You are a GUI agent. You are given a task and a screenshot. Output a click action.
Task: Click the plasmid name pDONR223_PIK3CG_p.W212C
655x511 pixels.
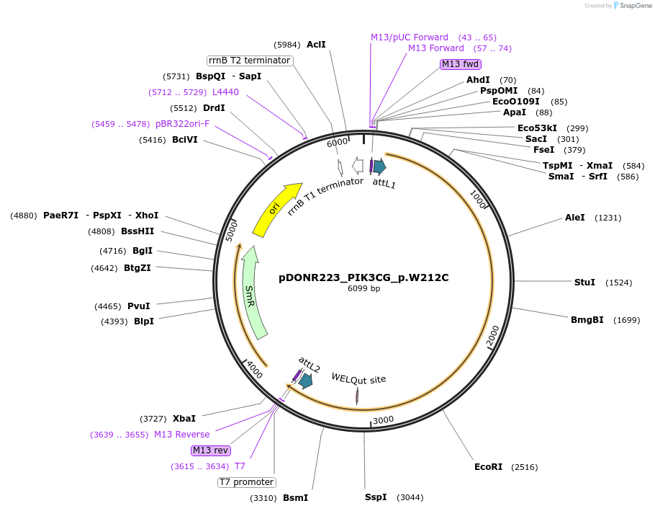(363, 277)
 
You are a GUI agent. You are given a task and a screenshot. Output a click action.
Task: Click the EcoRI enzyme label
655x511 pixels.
(488, 467)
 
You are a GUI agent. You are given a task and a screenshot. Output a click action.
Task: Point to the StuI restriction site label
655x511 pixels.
(584, 282)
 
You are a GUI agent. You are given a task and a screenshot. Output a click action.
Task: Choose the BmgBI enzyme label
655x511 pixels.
(587, 320)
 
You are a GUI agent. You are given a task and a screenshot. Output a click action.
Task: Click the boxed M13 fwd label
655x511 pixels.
(460, 64)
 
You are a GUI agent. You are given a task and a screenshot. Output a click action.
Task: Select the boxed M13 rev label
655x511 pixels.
(210, 450)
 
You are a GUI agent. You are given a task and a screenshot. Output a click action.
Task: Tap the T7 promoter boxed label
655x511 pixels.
(246, 482)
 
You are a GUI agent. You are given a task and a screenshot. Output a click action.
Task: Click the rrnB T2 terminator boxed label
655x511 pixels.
(250, 61)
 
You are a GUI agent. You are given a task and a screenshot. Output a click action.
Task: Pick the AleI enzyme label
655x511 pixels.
(575, 218)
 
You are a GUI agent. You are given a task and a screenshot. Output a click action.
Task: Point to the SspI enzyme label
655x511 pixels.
(376, 497)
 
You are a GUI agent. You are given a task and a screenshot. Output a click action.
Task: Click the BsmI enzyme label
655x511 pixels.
(295, 498)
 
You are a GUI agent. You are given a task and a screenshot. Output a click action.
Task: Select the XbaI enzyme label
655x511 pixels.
(184, 418)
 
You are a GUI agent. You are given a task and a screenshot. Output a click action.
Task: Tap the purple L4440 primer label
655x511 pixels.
(225, 92)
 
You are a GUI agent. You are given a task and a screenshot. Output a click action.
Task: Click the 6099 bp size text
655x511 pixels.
(363, 289)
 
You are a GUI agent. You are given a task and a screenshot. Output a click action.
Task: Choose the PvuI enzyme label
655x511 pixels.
(139, 306)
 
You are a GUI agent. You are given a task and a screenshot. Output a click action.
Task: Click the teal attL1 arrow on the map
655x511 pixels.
(379, 167)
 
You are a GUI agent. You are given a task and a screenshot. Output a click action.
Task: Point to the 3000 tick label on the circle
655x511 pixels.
(383, 419)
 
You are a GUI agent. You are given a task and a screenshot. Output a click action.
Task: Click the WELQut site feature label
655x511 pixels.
(358, 378)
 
